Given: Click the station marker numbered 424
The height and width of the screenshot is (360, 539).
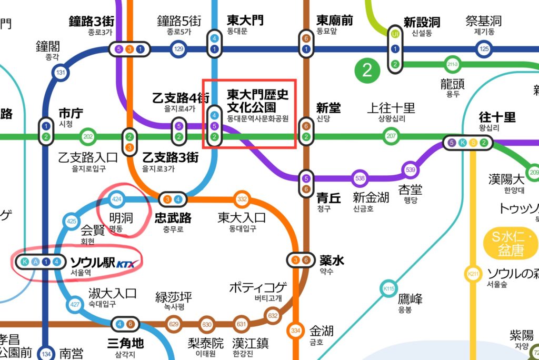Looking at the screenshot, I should pos(117,199).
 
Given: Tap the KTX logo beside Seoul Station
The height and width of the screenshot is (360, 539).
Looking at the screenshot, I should pos(128,263).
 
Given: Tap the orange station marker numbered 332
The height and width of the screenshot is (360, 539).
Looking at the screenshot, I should pos(242,199).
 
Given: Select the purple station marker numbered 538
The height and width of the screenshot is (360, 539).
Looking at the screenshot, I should pos(360,178).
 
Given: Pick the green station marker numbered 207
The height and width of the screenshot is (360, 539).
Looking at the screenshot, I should pos(391,136).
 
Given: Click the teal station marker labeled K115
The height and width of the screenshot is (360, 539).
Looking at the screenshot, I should pos(389,288).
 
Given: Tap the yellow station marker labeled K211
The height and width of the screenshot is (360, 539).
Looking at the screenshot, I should pos(472,274).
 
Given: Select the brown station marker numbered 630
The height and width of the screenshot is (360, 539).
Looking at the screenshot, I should pos(207,324).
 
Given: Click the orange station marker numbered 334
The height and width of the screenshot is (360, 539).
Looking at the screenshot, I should pos(295,331).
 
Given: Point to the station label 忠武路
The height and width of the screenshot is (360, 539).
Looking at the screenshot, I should pos(173,217).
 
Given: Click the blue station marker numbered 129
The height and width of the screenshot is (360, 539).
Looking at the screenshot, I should pos(179,50).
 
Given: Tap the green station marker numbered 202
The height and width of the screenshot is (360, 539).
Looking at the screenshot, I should pos(88,137).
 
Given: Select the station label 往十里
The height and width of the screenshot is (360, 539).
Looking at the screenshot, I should pos(497,117).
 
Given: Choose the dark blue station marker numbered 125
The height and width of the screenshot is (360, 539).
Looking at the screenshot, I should pos(484,50).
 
